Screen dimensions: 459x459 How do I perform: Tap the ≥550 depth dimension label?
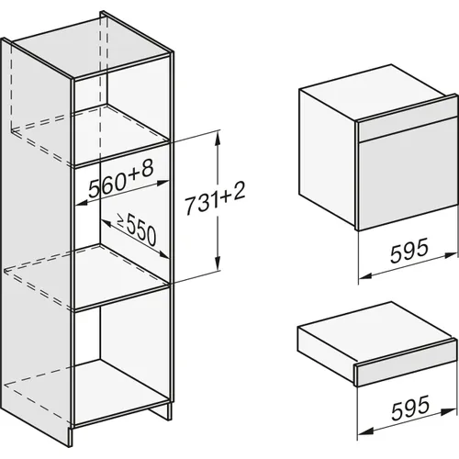[137, 229]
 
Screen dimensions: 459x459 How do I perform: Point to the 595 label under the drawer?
[410, 409]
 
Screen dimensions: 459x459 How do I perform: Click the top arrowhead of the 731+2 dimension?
[218, 137]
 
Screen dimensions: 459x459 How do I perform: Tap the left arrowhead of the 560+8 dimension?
[81, 203]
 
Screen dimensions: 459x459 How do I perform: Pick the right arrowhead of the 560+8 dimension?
[162, 183]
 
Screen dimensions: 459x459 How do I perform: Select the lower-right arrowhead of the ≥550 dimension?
[162, 254]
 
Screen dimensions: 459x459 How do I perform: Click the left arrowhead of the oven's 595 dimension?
[365, 275]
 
